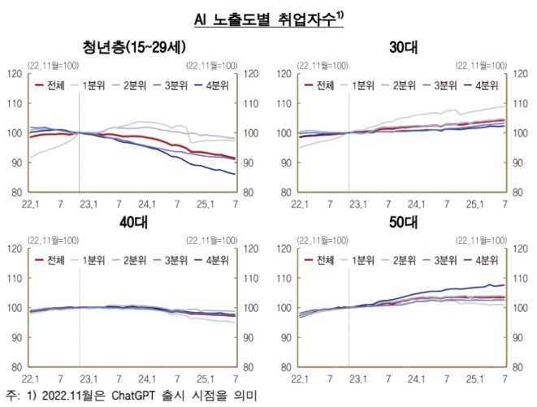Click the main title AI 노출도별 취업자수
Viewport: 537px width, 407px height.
[x=267, y=17]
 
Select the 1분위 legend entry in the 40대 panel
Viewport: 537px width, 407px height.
[x=97, y=260]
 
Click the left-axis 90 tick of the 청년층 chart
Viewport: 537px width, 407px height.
[x=15, y=163]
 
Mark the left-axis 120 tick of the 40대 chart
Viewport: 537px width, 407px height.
[x=13, y=249]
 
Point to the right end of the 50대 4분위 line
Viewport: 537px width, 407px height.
[x=505, y=285]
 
